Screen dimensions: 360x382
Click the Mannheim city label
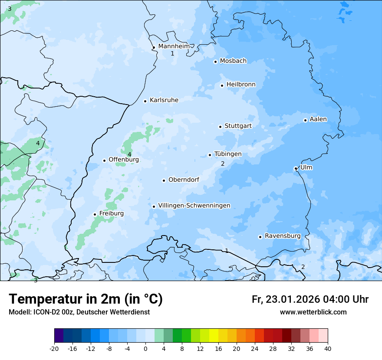click(174, 46)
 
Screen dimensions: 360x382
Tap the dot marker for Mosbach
click(215, 62)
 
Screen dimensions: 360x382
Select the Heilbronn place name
click(241, 84)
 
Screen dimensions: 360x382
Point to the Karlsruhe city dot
click(145, 101)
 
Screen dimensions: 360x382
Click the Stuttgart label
click(238, 126)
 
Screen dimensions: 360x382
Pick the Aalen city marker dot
click(305, 120)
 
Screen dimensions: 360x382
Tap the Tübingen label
click(228, 154)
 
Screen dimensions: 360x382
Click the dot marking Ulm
click(296, 168)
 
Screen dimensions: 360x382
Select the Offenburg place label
click(124, 160)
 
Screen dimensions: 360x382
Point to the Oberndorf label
click(184, 180)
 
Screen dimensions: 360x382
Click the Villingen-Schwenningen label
click(194, 206)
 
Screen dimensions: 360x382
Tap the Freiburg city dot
click(95, 214)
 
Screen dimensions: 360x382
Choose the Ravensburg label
click(283, 236)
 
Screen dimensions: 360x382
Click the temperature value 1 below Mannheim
click(172, 54)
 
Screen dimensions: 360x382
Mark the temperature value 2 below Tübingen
click(223, 164)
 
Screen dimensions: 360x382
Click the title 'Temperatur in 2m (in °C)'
click(86, 299)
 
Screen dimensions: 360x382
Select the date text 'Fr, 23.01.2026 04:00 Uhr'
click(310, 299)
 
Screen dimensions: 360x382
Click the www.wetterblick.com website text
click(313, 312)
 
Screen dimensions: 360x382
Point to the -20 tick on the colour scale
click(54, 348)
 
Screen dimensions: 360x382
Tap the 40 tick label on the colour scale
click(327, 348)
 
